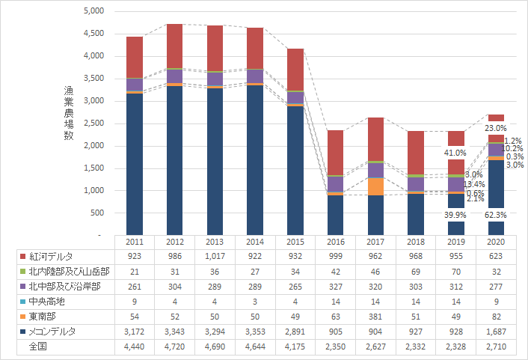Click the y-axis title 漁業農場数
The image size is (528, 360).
(69, 112)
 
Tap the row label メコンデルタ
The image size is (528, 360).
(53, 331)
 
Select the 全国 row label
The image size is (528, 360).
(39, 346)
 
